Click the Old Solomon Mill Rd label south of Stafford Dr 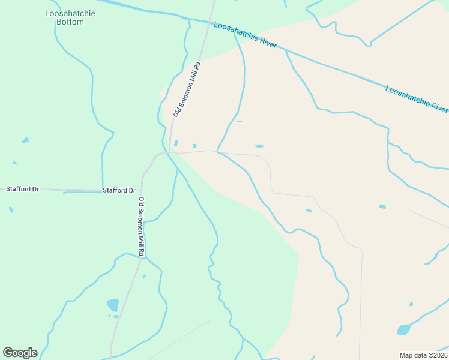coord(141,227)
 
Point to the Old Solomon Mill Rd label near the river coord(187,88)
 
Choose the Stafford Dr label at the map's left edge coord(22,189)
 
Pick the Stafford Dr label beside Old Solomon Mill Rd coord(119,190)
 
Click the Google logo coord(20,352)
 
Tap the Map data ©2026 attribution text coord(423,355)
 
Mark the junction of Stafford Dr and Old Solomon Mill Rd coord(142,190)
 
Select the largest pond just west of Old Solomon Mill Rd coord(113,305)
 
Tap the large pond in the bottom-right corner coord(403,329)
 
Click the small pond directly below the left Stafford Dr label coord(11,209)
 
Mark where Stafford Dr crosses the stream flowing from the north coord(103,190)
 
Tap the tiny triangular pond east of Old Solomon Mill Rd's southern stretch coord(144,277)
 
